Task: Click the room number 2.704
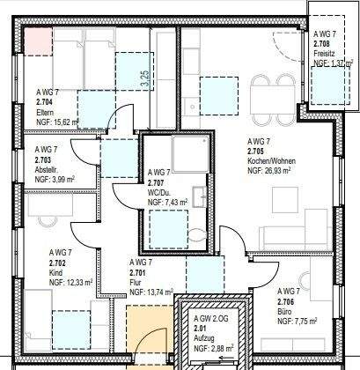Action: click(x=45, y=102)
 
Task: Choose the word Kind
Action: click(x=43, y=272)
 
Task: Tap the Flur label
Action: click(x=137, y=283)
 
